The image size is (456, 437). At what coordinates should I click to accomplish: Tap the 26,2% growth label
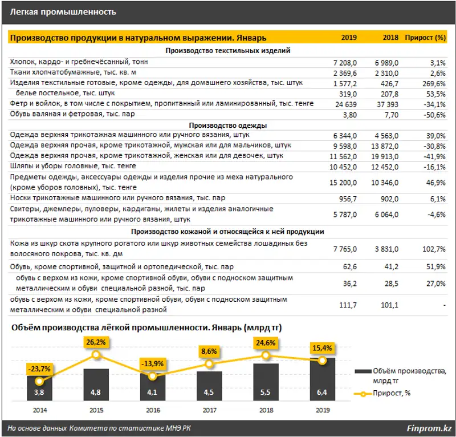tap(96, 342)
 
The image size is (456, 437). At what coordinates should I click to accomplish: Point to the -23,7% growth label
tap(39, 369)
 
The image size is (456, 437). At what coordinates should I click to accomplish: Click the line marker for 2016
tap(152, 377)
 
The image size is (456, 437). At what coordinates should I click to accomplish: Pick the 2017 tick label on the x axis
tap(209, 410)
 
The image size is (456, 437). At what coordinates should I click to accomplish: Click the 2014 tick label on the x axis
tap(39, 410)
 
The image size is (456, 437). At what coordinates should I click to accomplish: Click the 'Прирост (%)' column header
tap(425, 38)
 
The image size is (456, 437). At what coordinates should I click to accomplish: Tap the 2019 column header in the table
tap(349, 38)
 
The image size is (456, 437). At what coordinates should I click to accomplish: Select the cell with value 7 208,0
tap(345, 62)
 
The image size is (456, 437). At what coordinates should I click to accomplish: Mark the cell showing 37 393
tap(387, 104)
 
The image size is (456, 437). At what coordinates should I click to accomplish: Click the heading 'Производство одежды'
tap(227, 125)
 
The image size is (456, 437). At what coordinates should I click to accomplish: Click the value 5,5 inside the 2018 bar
tap(266, 393)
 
